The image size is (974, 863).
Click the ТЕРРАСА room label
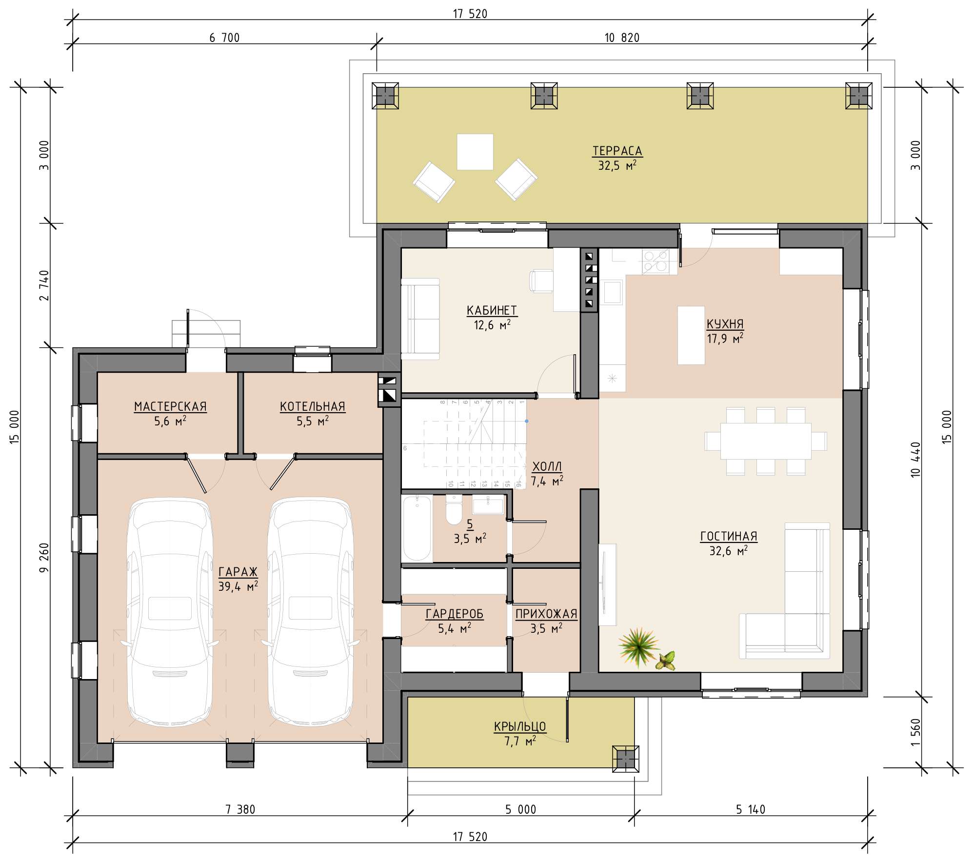617,151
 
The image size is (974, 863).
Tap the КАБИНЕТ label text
492,310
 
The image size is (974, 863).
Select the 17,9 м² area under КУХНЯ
725,338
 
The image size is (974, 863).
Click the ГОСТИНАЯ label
729,536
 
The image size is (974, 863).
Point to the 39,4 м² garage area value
238,586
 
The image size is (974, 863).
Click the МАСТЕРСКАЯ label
170,406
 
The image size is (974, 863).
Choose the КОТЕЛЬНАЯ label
313,406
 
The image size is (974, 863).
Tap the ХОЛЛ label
547,466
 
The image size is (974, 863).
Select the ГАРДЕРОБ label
455,614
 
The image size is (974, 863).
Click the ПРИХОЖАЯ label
546,614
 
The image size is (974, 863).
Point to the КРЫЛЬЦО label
520,726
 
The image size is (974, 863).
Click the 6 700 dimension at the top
224,38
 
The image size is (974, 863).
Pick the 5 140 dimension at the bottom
751,809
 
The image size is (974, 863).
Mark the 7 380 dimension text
240,809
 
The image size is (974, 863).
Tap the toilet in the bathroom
454,509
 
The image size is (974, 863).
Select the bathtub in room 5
417,528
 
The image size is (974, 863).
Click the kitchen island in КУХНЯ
691,335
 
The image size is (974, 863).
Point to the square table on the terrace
475,152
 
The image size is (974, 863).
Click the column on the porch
625,759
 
